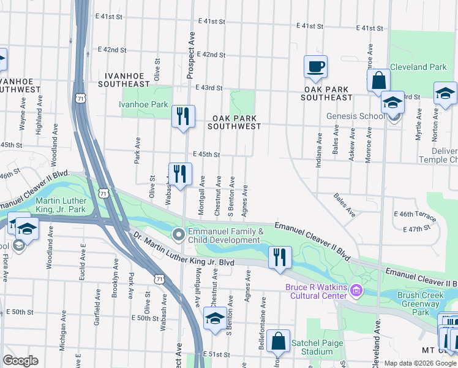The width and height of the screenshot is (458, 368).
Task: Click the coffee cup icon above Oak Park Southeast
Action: (315, 66)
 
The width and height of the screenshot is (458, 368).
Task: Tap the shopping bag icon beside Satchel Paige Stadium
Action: (279, 340)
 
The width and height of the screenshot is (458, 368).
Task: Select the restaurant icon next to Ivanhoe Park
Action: (182, 115)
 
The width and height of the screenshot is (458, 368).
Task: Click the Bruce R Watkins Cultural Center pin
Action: (357, 288)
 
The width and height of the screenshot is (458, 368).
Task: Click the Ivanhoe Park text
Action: (143, 104)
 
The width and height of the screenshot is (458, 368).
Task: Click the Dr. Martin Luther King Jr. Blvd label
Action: (184, 253)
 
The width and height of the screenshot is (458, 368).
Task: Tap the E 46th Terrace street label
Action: (416, 218)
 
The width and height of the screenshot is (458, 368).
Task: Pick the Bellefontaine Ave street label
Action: (263, 315)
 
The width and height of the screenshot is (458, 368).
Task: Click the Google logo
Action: (20, 361)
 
